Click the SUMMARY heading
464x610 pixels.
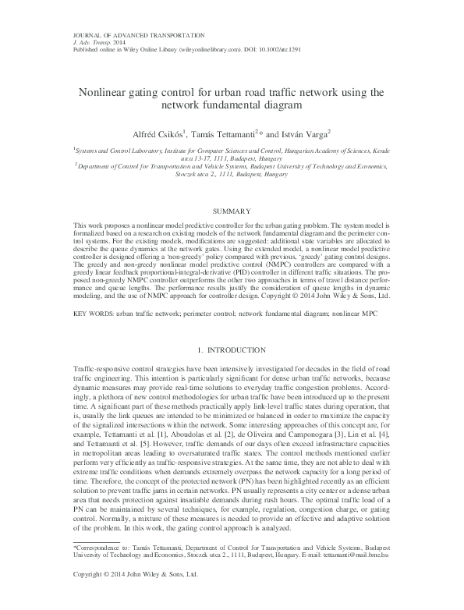tap(232, 211)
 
